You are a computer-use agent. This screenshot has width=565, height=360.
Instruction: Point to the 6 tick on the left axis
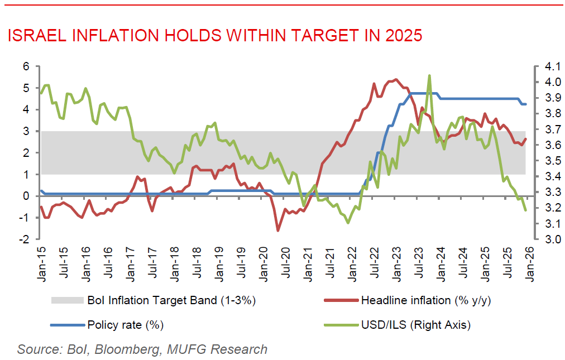pyautogui.click(x=26, y=66)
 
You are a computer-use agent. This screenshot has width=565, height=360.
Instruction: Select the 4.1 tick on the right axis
pyautogui.click(x=542, y=66)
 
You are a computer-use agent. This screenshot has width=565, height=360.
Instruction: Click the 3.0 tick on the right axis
pyautogui.click(x=542, y=239)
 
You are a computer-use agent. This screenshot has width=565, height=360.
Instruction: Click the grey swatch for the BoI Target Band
pyautogui.click(x=67, y=300)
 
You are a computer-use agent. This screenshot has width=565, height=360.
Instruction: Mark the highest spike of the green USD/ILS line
pyautogui.click(x=429, y=75)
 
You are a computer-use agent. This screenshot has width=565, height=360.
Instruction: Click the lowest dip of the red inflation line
pyautogui.click(x=278, y=230)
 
